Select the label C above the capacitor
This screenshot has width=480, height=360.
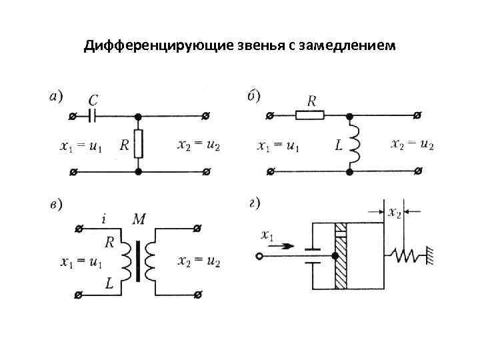[x=93, y=101]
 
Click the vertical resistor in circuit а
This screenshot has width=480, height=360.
[x=138, y=143]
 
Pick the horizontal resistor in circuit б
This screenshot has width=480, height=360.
[x=310, y=115]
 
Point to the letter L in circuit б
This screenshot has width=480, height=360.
[x=339, y=145]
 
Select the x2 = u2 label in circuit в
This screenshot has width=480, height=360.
[x=199, y=261]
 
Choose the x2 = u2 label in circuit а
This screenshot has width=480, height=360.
[x=199, y=145]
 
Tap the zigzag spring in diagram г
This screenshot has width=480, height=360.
[x=407, y=255]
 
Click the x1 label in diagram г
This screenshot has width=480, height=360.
[x=268, y=235]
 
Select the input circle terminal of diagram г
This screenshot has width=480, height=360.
[x=259, y=255]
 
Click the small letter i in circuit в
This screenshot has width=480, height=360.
[x=105, y=218]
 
